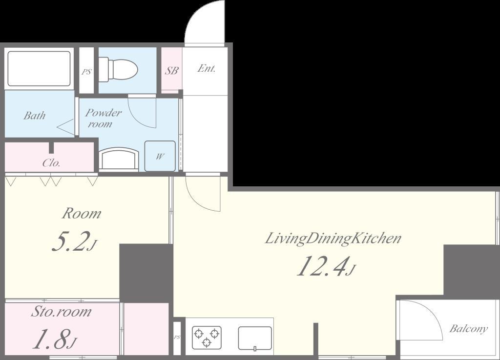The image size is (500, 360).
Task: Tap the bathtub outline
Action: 39,68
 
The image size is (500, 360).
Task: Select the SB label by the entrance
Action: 171,70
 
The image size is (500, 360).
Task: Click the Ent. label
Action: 207,68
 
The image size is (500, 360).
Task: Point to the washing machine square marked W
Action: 160,156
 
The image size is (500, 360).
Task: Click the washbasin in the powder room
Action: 119,159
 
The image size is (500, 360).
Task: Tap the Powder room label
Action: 103,118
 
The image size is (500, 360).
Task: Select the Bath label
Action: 35,115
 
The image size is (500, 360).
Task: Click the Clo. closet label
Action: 51,163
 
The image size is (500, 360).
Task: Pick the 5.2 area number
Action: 74,242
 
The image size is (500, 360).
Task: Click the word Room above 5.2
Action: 82,214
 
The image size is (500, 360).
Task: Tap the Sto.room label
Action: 61,311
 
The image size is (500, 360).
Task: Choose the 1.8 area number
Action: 55,340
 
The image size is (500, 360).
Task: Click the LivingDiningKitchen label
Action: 333,239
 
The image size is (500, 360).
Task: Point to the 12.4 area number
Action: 326,266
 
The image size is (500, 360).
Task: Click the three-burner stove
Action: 207,338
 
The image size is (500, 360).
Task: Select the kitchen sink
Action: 255,339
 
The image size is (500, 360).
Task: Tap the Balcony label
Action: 468,328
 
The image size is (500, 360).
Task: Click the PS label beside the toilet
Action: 86,72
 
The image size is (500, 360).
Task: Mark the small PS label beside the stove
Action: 177,338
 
